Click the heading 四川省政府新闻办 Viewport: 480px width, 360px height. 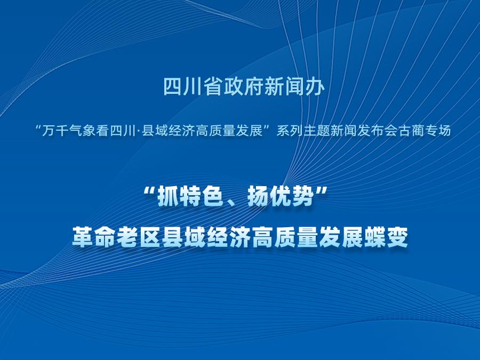(244, 86)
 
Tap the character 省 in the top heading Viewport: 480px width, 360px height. (213, 86)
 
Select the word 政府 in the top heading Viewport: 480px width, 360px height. (244, 86)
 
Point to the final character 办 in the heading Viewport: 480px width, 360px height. (315, 86)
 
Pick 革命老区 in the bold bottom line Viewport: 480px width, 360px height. (117, 237)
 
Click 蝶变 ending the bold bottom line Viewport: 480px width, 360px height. (386, 237)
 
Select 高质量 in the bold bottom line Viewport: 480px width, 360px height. (285, 237)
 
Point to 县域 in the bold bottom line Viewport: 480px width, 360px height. (184, 237)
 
